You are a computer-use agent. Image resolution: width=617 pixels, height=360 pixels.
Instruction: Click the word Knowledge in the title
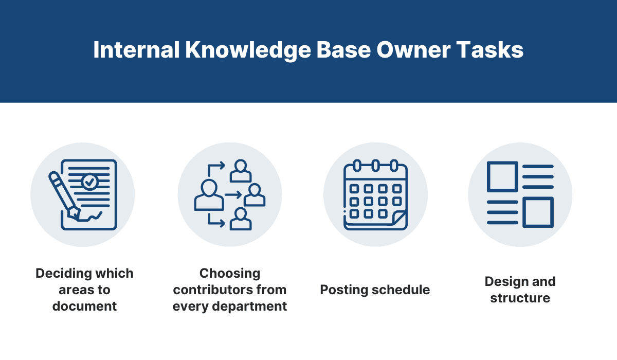(x=248, y=50)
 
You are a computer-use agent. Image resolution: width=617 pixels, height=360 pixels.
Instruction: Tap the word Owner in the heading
(x=414, y=50)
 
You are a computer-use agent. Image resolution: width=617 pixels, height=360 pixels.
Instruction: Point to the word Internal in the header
(x=137, y=50)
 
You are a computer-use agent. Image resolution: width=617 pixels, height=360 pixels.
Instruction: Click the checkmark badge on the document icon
(x=89, y=182)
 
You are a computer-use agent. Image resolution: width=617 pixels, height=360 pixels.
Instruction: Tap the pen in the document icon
(x=64, y=196)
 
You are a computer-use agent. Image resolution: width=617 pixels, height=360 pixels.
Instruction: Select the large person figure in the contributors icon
(x=209, y=195)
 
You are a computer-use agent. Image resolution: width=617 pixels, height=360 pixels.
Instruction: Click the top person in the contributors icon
(x=241, y=171)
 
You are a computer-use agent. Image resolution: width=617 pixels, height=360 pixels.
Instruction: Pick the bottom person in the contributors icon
(x=241, y=219)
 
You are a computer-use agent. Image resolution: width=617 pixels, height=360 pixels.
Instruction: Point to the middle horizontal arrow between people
(x=233, y=195)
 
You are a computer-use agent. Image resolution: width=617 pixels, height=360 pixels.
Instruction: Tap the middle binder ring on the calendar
(x=375, y=166)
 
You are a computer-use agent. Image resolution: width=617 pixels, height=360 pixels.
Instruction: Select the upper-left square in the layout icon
(x=502, y=176)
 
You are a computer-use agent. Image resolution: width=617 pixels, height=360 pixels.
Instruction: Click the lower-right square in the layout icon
(x=538, y=212)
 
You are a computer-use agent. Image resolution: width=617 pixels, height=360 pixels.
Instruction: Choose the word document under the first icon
(x=84, y=307)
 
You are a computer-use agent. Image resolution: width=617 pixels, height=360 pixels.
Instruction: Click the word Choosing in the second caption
(x=230, y=274)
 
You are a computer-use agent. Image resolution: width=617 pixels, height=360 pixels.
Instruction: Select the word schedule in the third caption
(x=401, y=290)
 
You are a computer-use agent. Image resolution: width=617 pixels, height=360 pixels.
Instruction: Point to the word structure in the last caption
(x=520, y=298)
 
